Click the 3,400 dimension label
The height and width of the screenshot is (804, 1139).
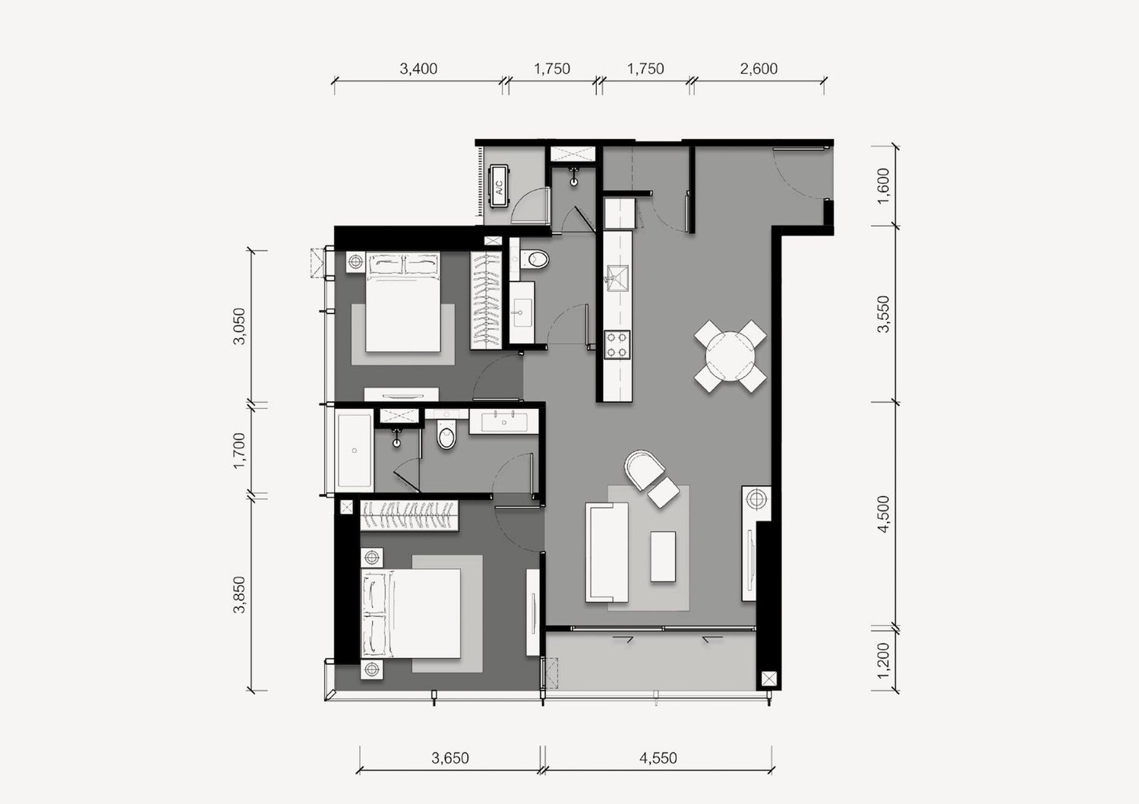click(x=418, y=68)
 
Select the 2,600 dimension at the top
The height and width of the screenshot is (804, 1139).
click(x=759, y=68)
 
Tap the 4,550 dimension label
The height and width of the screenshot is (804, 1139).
click(x=658, y=758)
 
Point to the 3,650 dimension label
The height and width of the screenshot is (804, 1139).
click(x=450, y=758)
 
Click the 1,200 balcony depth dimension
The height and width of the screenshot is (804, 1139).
click(x=884, y=660)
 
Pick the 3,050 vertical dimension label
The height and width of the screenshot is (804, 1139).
click(x=239, y=326)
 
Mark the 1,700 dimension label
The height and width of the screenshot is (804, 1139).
click(x=239, y=451)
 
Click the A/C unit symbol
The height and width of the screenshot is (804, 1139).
click(x=499, y=186)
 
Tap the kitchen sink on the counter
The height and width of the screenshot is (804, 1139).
click(x=617, y=278)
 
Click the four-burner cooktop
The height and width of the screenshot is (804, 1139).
click(x=617, y=344)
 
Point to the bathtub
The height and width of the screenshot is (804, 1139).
click(x=354, y=451)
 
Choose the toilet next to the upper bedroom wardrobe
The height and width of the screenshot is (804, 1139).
click(x=535, y=259)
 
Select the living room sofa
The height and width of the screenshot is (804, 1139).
click(x=607, y=552)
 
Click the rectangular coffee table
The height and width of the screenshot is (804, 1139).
click(x=663, y=556)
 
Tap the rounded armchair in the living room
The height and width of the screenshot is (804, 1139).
click(x=644, y=469)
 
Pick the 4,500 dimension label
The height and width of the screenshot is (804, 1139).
click(x=884, y=514)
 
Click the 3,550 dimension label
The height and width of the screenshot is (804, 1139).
click(x=884, y=314)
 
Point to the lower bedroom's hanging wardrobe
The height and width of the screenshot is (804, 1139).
click(x=409, y=515)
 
